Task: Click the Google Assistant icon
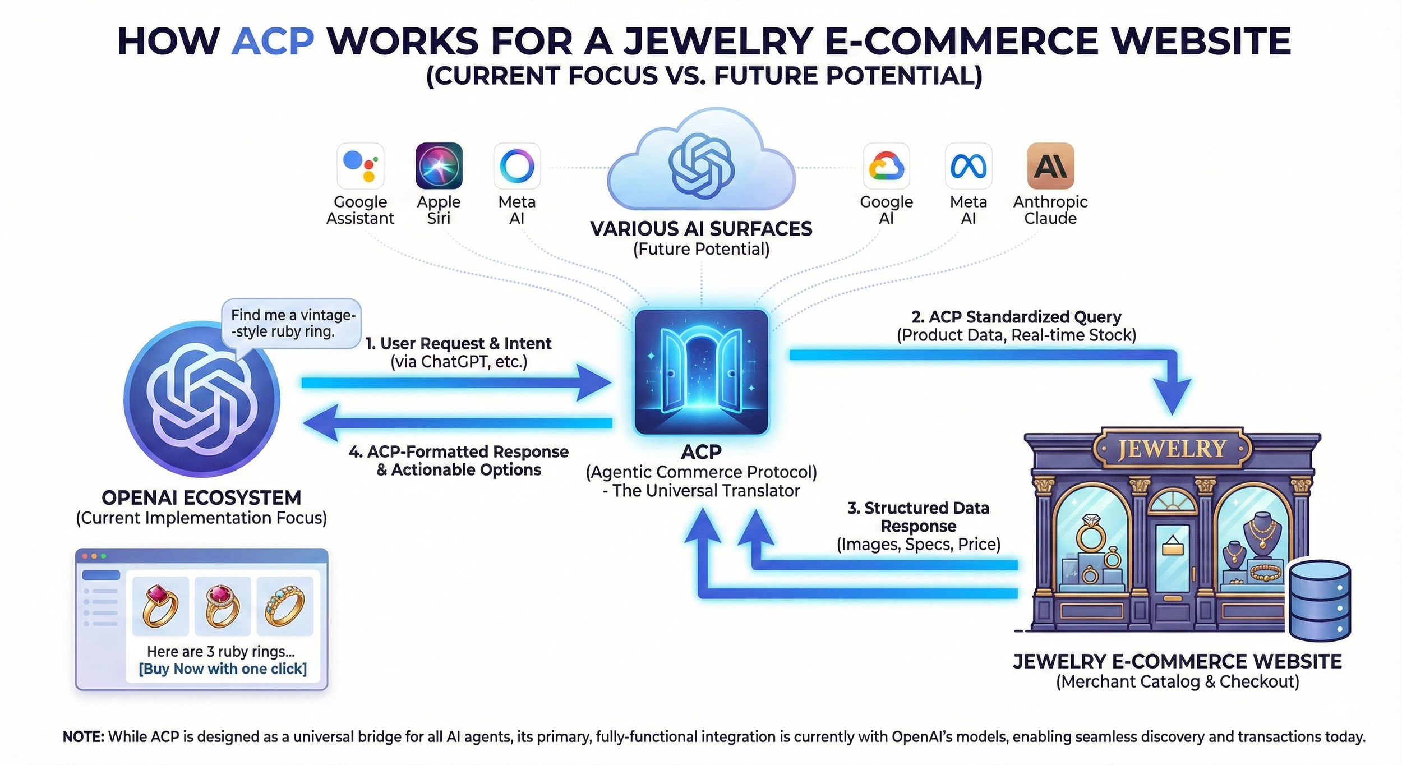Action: click(360, 165)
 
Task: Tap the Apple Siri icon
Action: click(439, 165)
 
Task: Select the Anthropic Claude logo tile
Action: click(1050, 165)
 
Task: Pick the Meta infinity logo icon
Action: click(969, 165)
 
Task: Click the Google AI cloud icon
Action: click(886, 165)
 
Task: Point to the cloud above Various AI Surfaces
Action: click(701, 163)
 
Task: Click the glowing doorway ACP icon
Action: click(701, 371)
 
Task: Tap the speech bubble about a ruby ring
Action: click(292, 324)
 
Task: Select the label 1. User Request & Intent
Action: click(458, 343)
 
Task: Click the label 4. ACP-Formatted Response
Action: click(458, 451)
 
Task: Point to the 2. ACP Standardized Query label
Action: click(1016, 317)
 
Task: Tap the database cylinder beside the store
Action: click(1320, 600)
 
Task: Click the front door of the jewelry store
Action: click(1172, 566)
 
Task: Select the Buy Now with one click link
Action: click(223, 669)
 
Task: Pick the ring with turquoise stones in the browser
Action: click(285, 606)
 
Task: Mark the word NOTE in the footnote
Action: click(83, 736)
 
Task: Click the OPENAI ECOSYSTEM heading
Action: click(201, 497)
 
